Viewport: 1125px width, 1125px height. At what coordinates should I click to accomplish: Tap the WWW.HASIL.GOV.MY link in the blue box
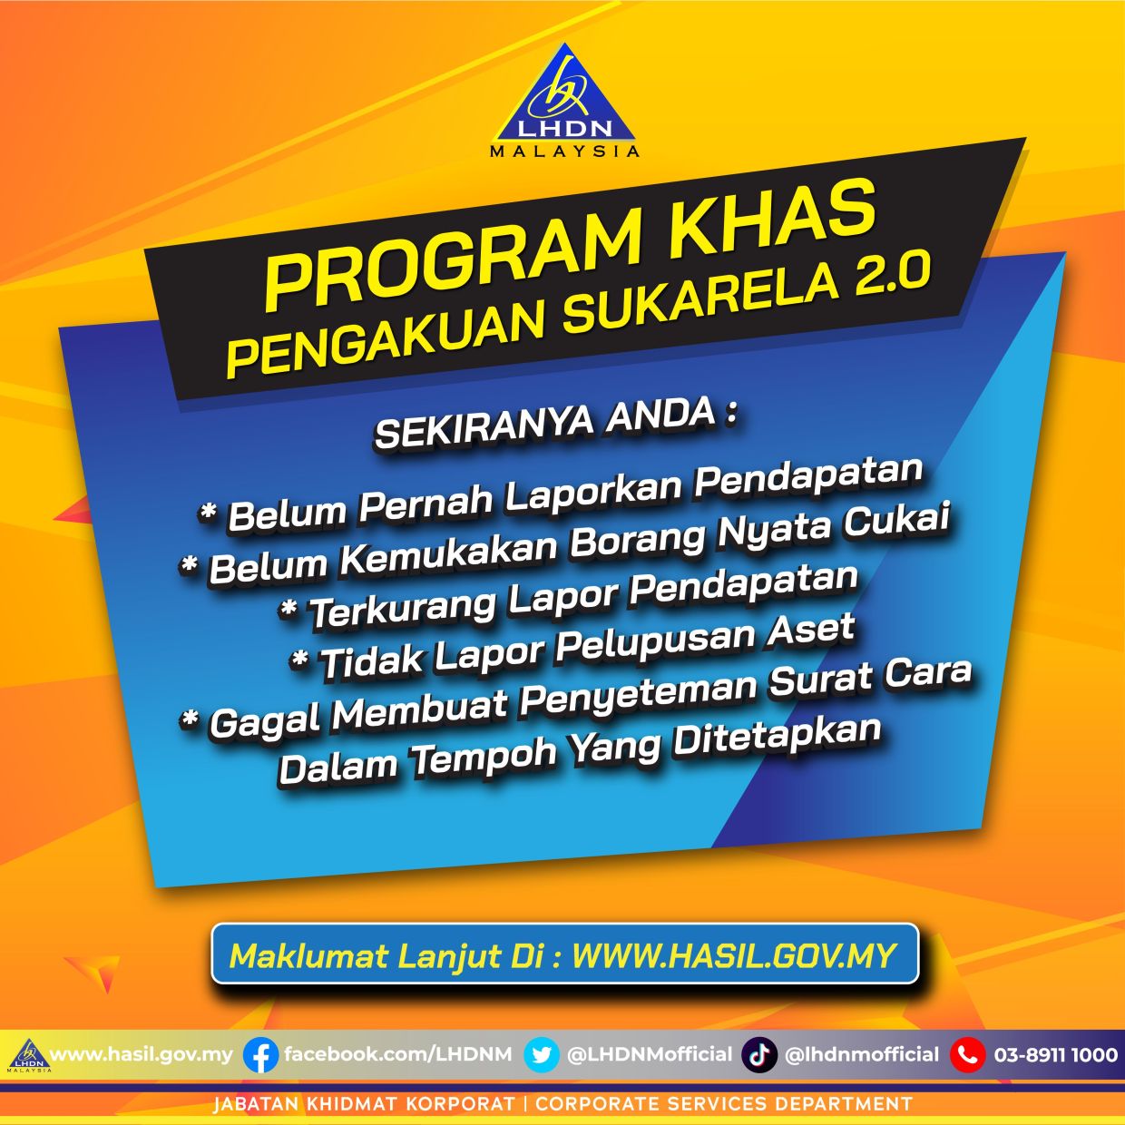tap(733, 956)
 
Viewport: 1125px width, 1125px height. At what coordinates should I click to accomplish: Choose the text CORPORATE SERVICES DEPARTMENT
tap(724, 1104)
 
